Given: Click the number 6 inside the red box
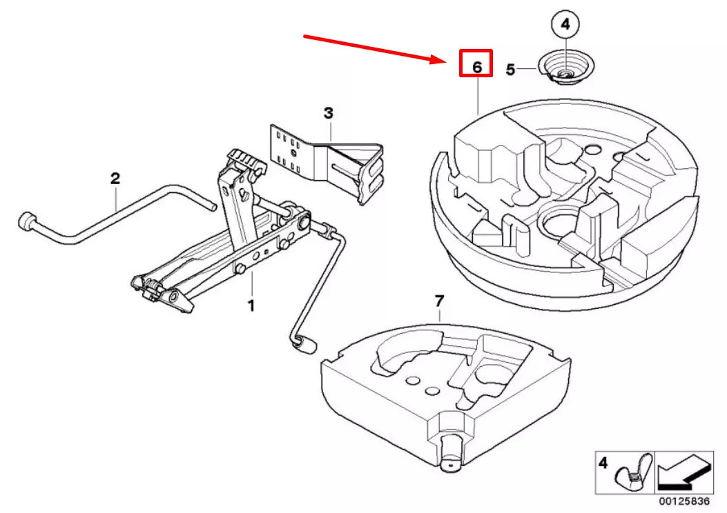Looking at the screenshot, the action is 477,67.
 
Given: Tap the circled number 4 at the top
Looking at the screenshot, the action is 565,25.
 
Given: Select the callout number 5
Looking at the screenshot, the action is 510,70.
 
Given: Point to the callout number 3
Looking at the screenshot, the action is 328,113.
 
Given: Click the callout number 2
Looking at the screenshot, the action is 115,179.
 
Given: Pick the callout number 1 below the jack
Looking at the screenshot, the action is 251,305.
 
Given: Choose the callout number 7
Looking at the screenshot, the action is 439,301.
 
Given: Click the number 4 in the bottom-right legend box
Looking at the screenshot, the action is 603,463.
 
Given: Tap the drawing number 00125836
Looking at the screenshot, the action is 684,501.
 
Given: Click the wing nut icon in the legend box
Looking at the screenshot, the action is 633,473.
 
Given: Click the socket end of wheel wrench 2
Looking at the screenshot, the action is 27,221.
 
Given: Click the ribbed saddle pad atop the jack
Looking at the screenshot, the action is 246,160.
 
